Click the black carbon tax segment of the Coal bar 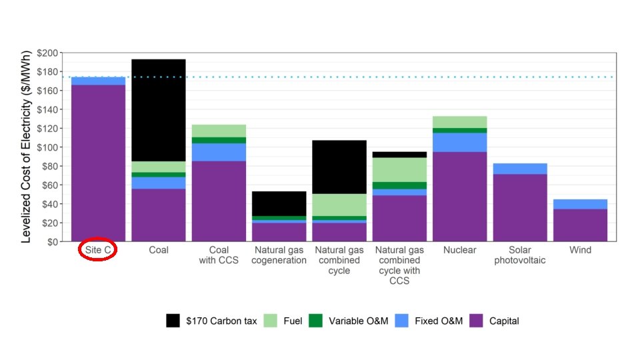pos(158,110)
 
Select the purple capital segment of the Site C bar pos(98,163)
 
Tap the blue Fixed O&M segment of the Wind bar pos(580,204)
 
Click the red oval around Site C pos(98,250)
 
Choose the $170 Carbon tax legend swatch pos(173,321)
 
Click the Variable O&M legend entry pos(350,321)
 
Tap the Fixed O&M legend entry pos(427,321)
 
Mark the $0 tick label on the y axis pos(53,242)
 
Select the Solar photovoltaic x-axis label pos(519,255)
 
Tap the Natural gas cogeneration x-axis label pos(279,255)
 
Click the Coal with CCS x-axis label pos(219,255)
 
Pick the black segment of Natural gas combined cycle pos(339,167)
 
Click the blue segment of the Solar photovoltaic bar pos(519,169)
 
